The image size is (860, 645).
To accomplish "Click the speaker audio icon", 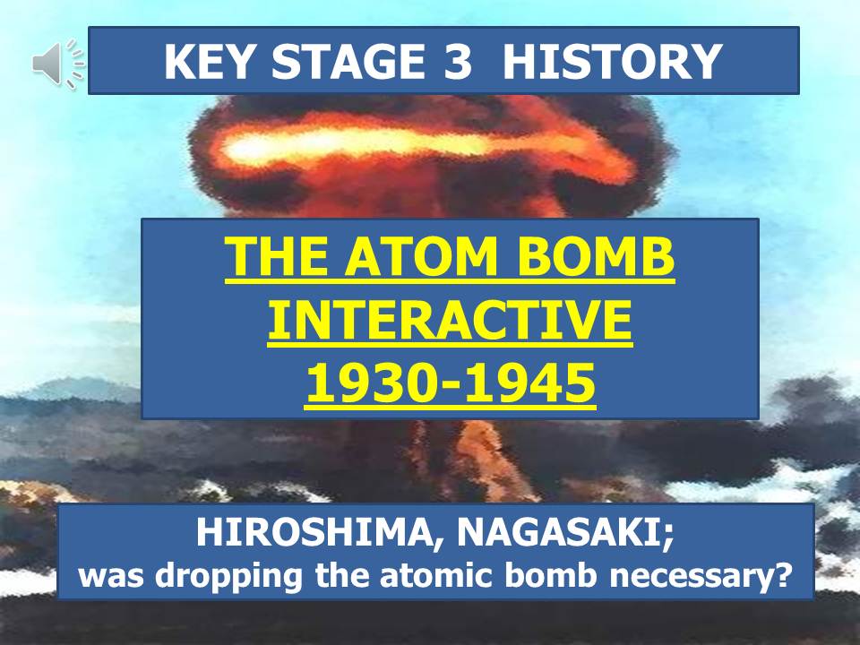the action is pyautogui.click(x=58, y=64).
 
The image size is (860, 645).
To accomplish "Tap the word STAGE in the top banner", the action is pyautogui.click(x=348, y=61).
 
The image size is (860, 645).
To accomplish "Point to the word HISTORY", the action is pyautogui.click(x=612, y=61).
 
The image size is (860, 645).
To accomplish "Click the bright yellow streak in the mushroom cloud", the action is pyautogui.click(x=384, y=143).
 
